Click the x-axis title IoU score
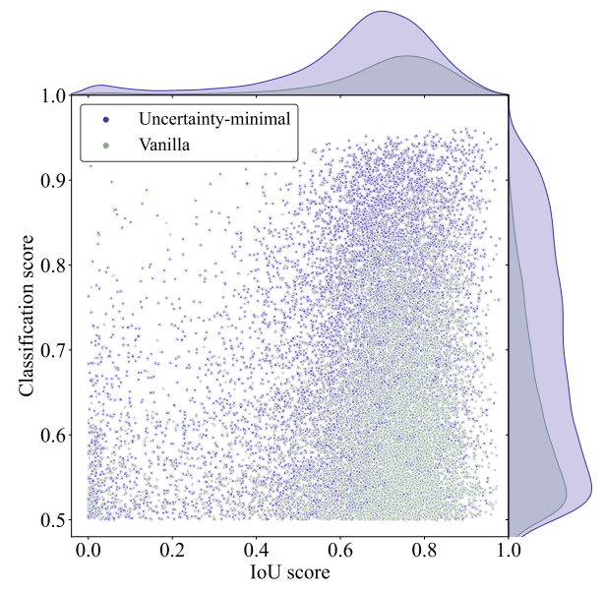tap(290, 572)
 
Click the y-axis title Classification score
tap(27, 316)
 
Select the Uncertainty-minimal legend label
tap(214, 119)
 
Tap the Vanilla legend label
tap(164, 146)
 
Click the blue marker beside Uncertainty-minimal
tap(106, 120)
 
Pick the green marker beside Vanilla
tap(106, 146)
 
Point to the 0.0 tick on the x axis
tap(88, 550)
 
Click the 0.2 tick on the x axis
tap(172, 550)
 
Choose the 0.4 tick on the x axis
tap(256, 550)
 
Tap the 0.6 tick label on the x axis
tap(340, 550)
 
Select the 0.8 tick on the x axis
tap(424, 550)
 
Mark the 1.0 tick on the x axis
tap(509, 550)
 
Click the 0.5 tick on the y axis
tap(53, 520)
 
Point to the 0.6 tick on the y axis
tap(53, 436)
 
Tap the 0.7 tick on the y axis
tap(53, 350)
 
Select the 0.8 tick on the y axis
tap(53, 266)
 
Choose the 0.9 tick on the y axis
tap(53, 180)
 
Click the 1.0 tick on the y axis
tap(53, 95)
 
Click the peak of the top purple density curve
tap(382, 11)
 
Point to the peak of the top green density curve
tap(406, 56)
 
